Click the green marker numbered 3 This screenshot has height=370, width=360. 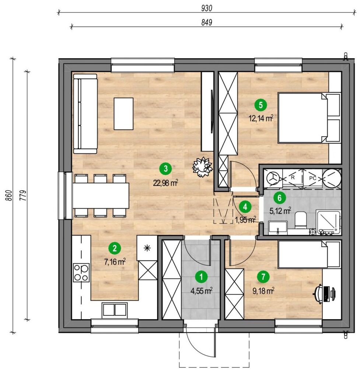point(165,169)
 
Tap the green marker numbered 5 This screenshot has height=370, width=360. point(261,105)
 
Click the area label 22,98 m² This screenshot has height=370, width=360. point(166,182)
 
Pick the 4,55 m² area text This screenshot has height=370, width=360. point(201,291)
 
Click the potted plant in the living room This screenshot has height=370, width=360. point(203,167)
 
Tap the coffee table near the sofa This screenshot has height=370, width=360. point(123,113)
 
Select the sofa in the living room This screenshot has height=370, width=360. point(85,113)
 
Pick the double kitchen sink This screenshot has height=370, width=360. point(115,309)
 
